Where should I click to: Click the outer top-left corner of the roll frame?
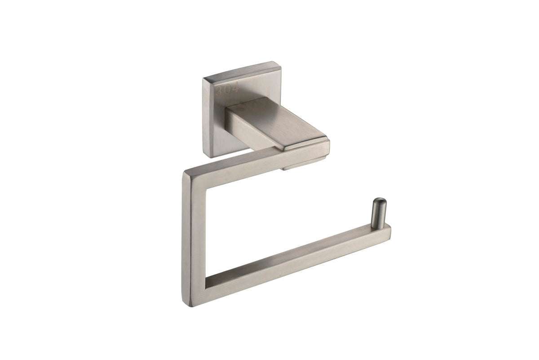click(184, 171)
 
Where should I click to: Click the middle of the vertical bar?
click(194, 238)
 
